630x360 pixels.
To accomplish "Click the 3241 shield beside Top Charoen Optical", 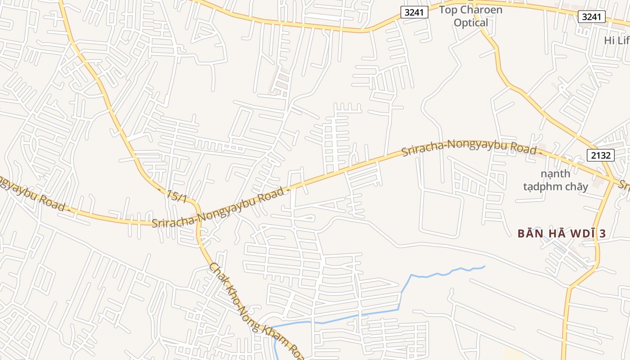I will click(414, 12).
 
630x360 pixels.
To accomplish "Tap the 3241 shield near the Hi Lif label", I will click(592, 17).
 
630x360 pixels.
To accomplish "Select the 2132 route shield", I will click(601, 156).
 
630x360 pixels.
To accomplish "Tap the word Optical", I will click(471, 23).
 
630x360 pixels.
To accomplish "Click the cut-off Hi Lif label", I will click(616, 40).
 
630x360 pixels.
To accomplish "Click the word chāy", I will click(577, 186).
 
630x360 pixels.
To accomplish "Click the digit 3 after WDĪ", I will click(602, 234).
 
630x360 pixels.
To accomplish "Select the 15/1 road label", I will click(176, 196).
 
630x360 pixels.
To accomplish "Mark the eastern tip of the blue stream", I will click(484, 267).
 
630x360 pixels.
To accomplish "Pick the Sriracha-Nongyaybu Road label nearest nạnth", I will click(471, 148).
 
